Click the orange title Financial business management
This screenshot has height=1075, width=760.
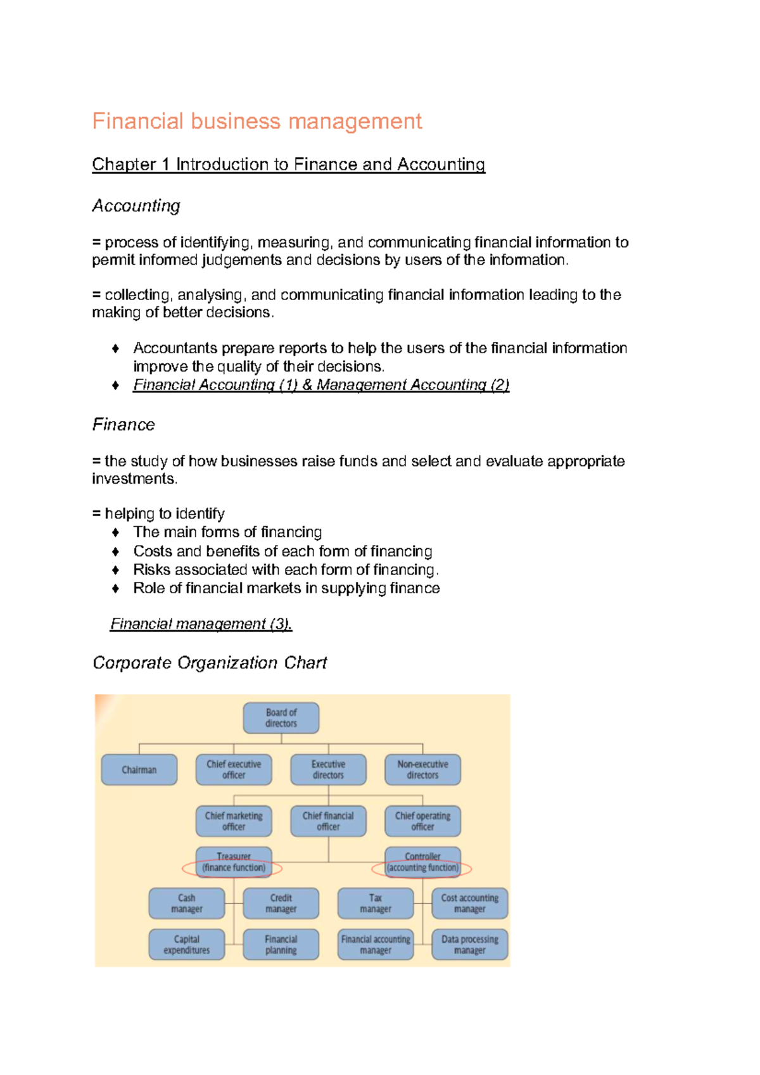(x=256, y=121)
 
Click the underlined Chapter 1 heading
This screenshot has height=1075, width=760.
(x=288, y=165)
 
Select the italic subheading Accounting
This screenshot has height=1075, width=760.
(x=136, y=206)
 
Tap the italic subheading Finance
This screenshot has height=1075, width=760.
(x=123, y=424)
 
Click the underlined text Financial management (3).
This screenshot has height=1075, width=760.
(x=201, y=624)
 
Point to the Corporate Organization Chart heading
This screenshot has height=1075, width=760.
(x=210, y=663)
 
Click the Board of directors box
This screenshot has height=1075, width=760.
(x=281, y=718)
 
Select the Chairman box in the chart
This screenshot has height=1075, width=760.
(x=139, y=770)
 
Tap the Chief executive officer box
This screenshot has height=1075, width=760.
(x=233, y=770)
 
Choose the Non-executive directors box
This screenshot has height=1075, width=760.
(x=422, y=770)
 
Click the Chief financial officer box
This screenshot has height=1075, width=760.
(x=328, y=821)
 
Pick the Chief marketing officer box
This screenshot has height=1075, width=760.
(x=233, y=821)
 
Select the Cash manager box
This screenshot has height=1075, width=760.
(x=186, y=903)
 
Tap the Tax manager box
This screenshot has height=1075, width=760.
(x=375, y=903)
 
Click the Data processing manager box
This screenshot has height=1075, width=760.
(x=469, y=945)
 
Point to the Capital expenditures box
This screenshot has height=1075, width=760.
(x=186, y=945)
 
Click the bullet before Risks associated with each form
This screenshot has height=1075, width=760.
(x=115, y=570)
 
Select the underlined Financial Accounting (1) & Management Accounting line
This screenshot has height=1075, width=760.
(x=320, y=385)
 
